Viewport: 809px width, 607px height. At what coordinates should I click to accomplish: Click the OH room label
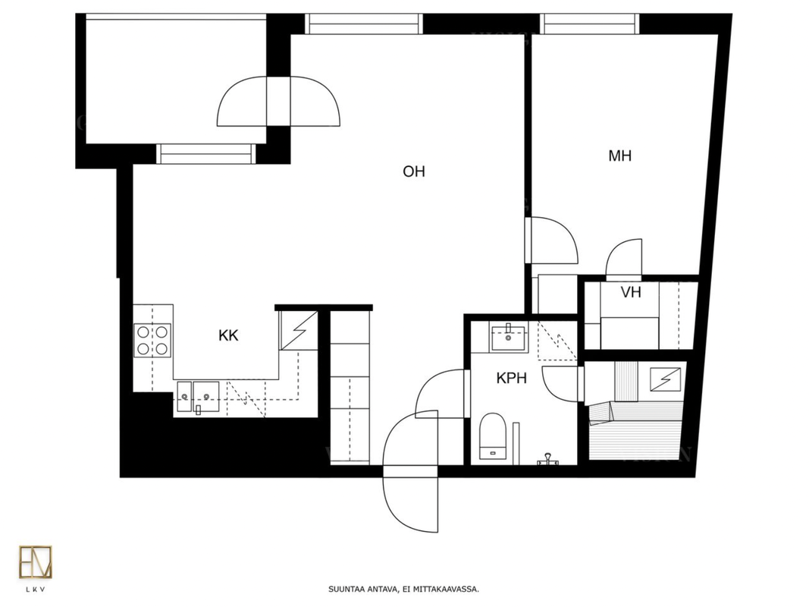pos(414,171)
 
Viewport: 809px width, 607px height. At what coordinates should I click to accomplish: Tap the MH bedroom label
pos(619,156)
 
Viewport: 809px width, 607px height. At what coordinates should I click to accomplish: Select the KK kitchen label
pos(228,335)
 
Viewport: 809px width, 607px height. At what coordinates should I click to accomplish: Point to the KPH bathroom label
pos(511,379)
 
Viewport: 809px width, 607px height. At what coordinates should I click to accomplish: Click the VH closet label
pos(631,293)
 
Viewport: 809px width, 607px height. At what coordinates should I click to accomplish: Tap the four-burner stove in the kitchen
pos(152,340)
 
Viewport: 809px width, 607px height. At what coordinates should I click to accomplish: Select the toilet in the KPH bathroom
pos(493,436)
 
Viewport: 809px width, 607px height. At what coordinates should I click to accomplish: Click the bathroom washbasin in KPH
pos(508,338)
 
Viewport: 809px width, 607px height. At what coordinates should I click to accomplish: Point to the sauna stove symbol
pos(665,379)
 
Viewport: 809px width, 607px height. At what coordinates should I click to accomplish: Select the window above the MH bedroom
pos(590,24)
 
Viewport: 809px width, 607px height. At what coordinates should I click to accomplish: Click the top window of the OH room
pos(364,24)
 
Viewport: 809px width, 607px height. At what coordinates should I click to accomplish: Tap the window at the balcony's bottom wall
pos(206,154)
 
